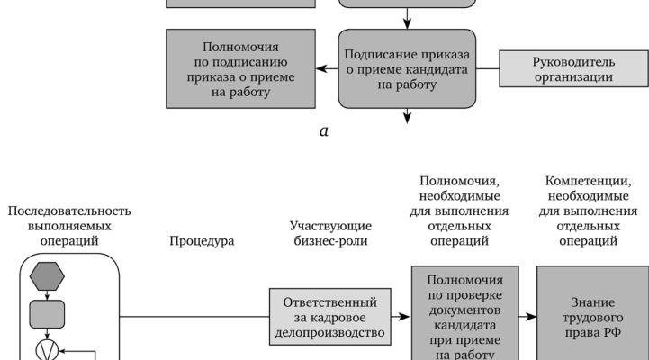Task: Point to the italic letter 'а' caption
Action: (324, 131)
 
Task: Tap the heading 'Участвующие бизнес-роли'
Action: (329, 234)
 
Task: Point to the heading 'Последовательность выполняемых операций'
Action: (69, 226)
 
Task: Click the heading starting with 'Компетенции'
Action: (590, 211)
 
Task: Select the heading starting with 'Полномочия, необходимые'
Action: (465, 211)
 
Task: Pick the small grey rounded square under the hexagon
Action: (47, 314)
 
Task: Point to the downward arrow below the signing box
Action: (407, 114)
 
